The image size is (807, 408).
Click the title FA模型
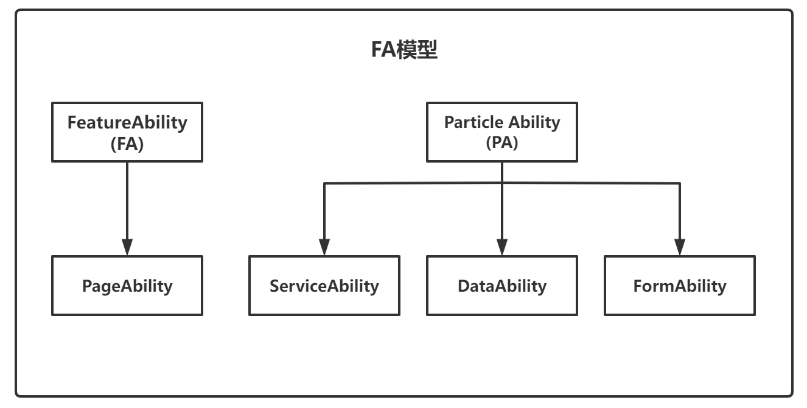(x=405, y=51)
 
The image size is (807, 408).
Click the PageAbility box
(x=127, y=286)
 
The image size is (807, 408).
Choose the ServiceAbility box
(x=324, y=286)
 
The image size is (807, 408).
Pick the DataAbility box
(x=501, y=286)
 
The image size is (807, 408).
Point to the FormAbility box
(x=679, y=286)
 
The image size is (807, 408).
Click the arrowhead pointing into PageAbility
(x=127, y=247)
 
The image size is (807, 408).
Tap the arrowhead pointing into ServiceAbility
(x=324, y=247)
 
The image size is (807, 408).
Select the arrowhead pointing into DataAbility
(x=501, y=247)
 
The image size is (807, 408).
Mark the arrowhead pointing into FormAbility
(x=679, y=247)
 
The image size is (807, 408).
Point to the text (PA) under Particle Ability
(x=501, y=144)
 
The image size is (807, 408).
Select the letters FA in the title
(x=383, y=51)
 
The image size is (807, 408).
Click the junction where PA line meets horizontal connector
(x=501, y=183)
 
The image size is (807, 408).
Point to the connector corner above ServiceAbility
(x=324, y=183)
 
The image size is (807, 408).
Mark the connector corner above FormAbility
(x=679, y=183)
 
